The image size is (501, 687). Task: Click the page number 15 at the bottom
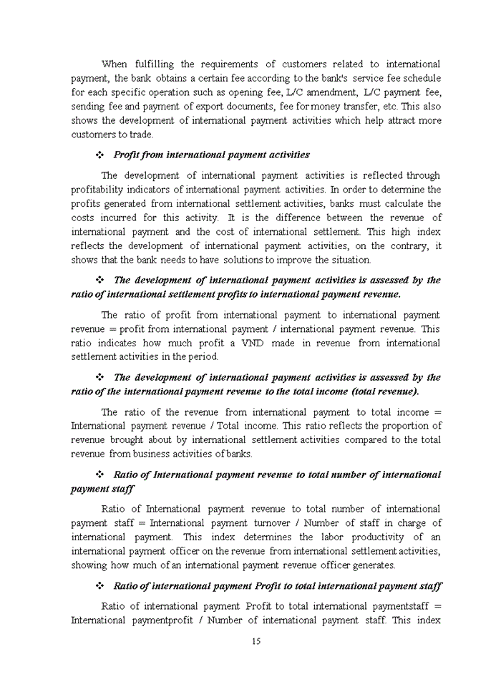point(256,641)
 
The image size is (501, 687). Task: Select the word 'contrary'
point(412,246)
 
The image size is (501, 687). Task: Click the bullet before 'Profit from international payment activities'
point(100,155)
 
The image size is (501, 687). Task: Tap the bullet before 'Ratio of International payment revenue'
point(100,475)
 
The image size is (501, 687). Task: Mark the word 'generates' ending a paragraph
point(372,565)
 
